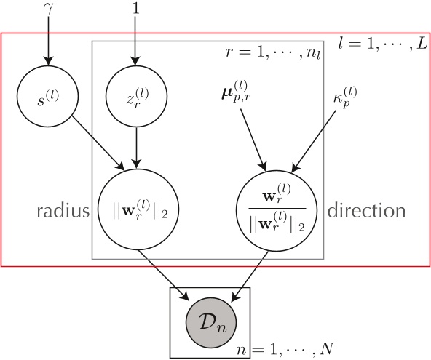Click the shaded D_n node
coord(210,321)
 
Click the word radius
coord(61,212)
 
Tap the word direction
coord(365,212)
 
